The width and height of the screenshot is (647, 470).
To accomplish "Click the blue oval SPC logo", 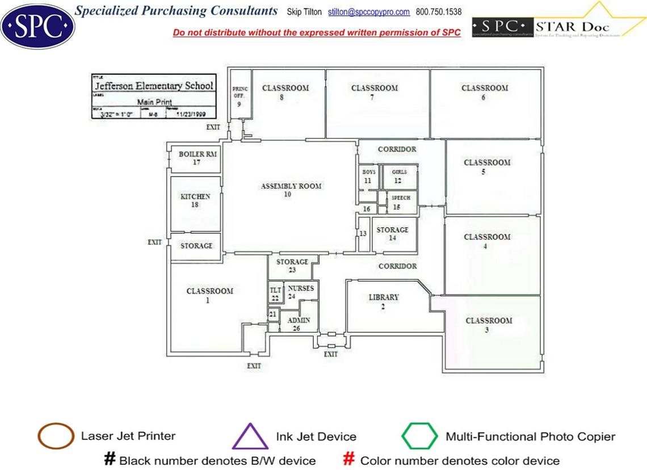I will click(37, 26).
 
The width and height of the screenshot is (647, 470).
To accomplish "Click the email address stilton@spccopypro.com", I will click(369, 12).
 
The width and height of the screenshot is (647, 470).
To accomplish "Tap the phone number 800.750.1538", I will click(439, 12).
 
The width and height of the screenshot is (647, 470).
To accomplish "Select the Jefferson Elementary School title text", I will click(154, 86).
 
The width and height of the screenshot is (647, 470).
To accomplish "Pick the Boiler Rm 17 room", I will click(197, 158).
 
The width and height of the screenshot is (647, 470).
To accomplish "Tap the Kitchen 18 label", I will click(195, 200).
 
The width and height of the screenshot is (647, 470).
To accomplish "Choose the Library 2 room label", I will click(384, 301).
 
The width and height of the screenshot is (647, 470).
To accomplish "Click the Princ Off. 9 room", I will click(240, 96).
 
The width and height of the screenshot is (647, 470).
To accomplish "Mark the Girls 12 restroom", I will click(399, 177).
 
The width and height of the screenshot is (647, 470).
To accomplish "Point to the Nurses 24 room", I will click(300, 292).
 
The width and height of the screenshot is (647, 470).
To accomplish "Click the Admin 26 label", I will click(299, 324).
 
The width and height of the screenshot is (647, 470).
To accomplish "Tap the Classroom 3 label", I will click(489, 325).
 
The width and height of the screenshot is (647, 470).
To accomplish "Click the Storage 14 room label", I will click(392, 234).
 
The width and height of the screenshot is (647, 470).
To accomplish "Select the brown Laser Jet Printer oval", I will click(56, 437).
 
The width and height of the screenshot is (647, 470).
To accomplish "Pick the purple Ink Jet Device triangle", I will click(250, 437).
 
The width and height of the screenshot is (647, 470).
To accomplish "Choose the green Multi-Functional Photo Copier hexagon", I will click(419, 437).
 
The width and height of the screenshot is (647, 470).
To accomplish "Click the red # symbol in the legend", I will click(349, 459).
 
